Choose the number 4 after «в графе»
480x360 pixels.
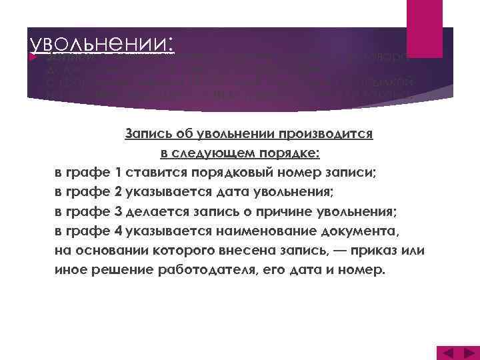coord(119,231)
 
